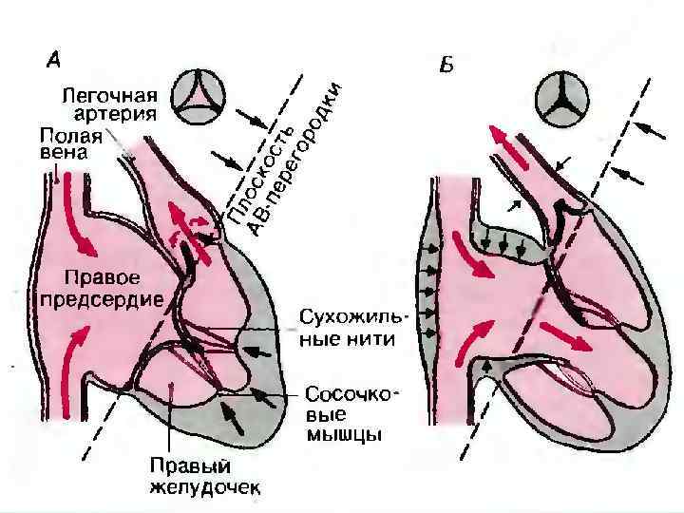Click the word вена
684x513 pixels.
tap(58, 152)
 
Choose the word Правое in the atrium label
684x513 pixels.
tap(102, 278)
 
